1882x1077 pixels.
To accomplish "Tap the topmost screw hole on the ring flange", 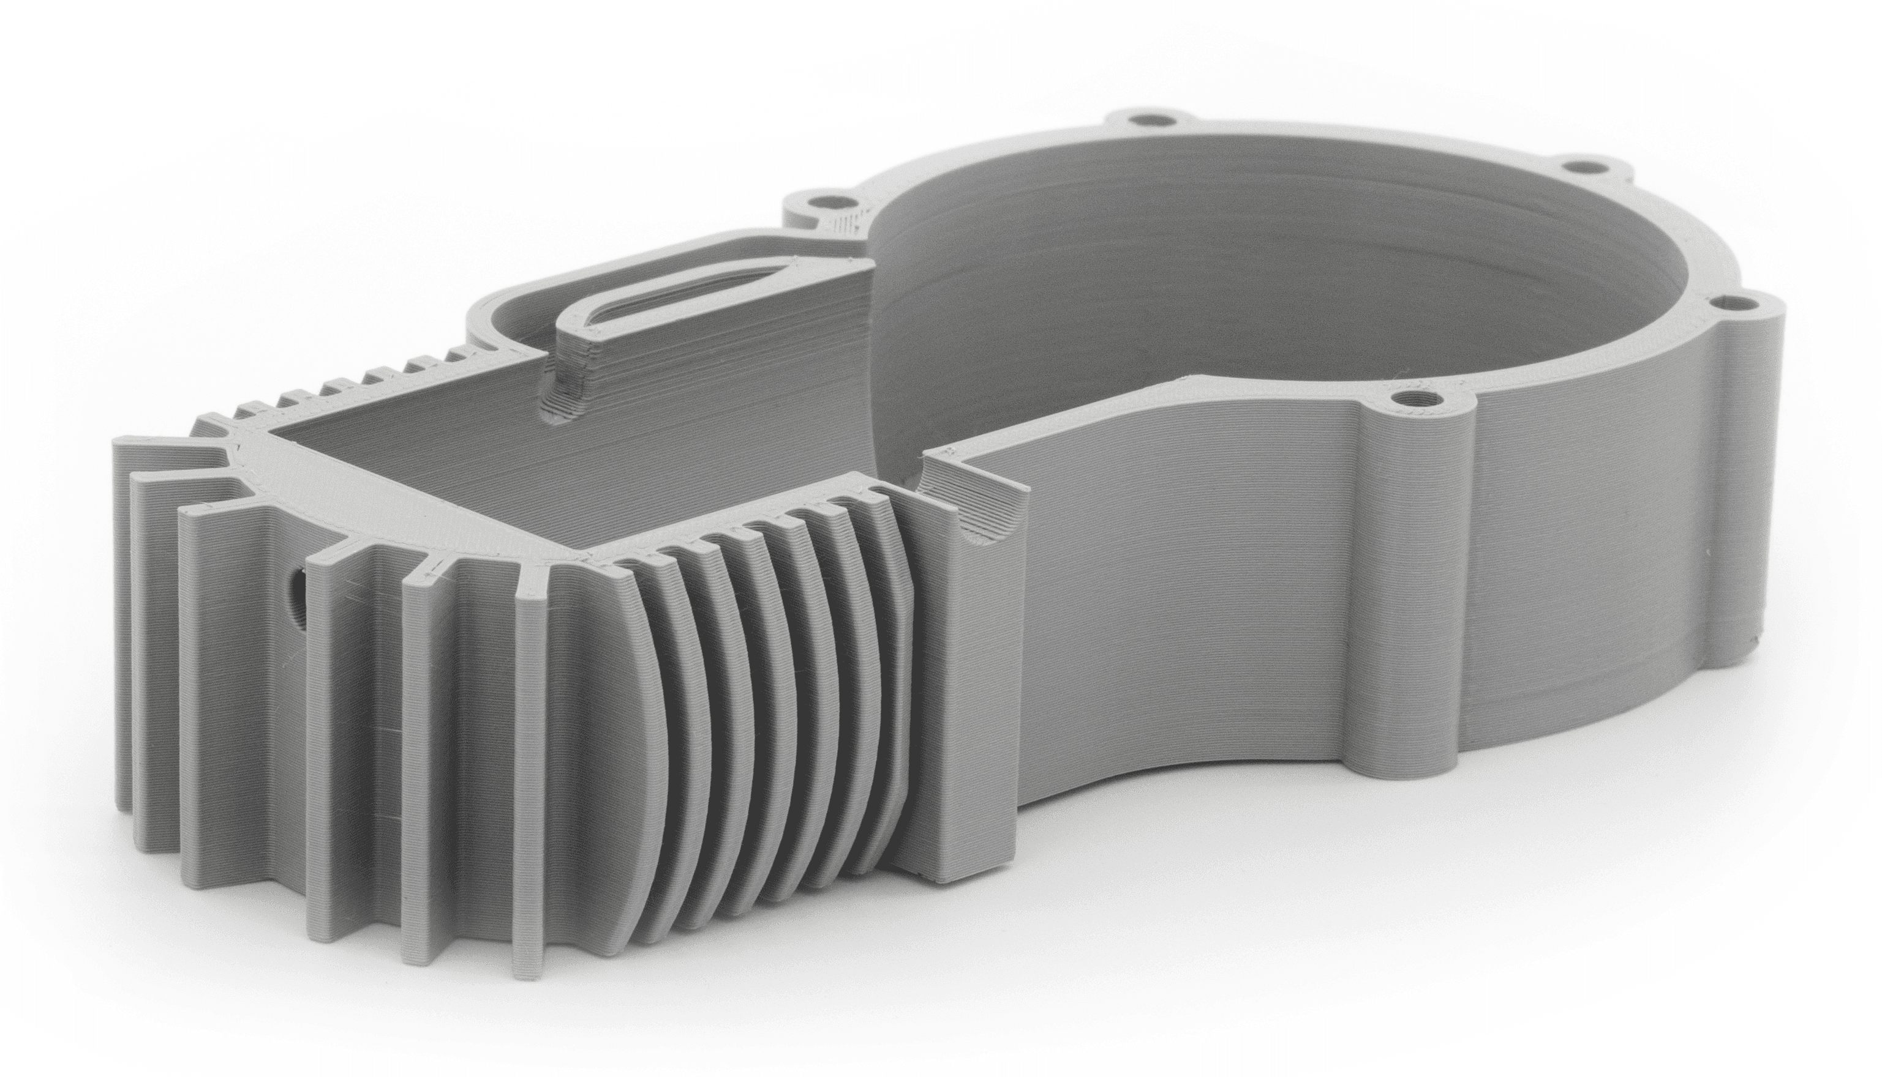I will click(1146, 119).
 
